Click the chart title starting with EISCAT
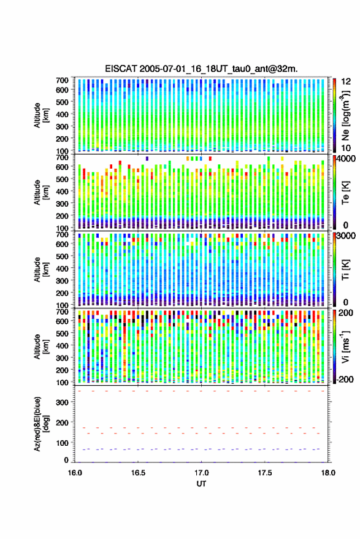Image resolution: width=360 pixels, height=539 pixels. (x=201, y=69)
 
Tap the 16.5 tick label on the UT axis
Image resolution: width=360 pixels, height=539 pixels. (x=138, y=473)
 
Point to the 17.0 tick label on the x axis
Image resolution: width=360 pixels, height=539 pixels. (x=201, y=473)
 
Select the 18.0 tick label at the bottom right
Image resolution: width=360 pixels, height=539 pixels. (x=327, y=473)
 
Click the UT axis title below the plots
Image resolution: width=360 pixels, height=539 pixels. (x=201, y=484)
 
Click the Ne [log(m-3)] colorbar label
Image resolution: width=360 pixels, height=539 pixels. (x=345, y=115)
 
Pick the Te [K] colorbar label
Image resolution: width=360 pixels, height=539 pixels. (x=345, y=193)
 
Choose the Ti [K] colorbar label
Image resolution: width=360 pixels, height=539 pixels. (x=345, y=270)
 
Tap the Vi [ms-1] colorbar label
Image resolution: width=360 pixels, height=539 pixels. (x=345, y=346)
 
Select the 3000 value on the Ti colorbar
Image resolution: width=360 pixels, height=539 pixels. (x=346, y=236)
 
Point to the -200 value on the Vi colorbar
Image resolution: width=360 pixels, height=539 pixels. (x=345, y=379)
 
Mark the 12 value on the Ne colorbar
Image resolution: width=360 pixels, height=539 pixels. (x=347, y=82)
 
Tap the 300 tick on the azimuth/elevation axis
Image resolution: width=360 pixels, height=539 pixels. (x=62, y=402)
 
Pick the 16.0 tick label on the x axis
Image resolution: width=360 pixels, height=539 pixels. (x=75, y=473)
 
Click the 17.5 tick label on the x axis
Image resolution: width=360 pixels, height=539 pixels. (x=264, y=473)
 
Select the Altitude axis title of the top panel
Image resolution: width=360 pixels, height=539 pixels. (x=41, y=115)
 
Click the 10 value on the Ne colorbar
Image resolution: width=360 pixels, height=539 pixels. (x=347, y=148)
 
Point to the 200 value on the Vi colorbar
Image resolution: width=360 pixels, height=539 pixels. (x=345, y=313)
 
